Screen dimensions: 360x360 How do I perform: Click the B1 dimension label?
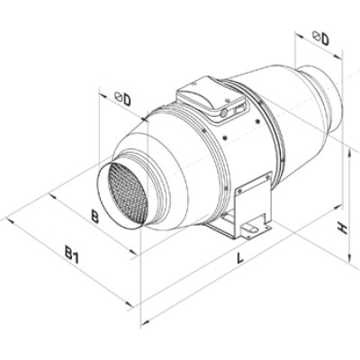tap(72, 254)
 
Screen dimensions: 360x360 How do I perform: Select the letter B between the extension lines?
tap(94, 216)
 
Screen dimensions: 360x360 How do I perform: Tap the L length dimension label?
tap(239, 257)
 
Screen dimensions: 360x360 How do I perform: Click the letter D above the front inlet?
tap(127, 100)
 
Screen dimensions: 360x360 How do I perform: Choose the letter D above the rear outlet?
tap(325, 39)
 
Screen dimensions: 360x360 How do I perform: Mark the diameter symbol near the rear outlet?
tap(316, 36)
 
